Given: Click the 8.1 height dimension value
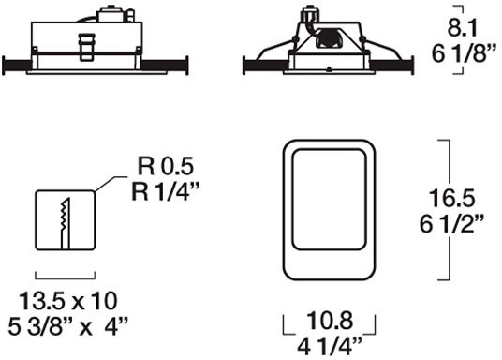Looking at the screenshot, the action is pos(462,28).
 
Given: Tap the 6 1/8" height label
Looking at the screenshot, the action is pos(464,53).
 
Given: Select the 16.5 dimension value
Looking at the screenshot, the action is pos(451,198).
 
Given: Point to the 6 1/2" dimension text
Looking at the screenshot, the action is pos(451,224).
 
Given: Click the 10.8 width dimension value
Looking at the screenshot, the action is pos(330,321).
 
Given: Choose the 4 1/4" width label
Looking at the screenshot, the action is pos(330,346).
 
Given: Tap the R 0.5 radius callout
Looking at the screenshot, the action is pos(166,166).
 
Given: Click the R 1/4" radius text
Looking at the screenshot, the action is pos(166,191).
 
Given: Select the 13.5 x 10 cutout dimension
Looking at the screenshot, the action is pos(68,301).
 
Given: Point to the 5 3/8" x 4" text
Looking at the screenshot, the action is pos(67,326).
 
